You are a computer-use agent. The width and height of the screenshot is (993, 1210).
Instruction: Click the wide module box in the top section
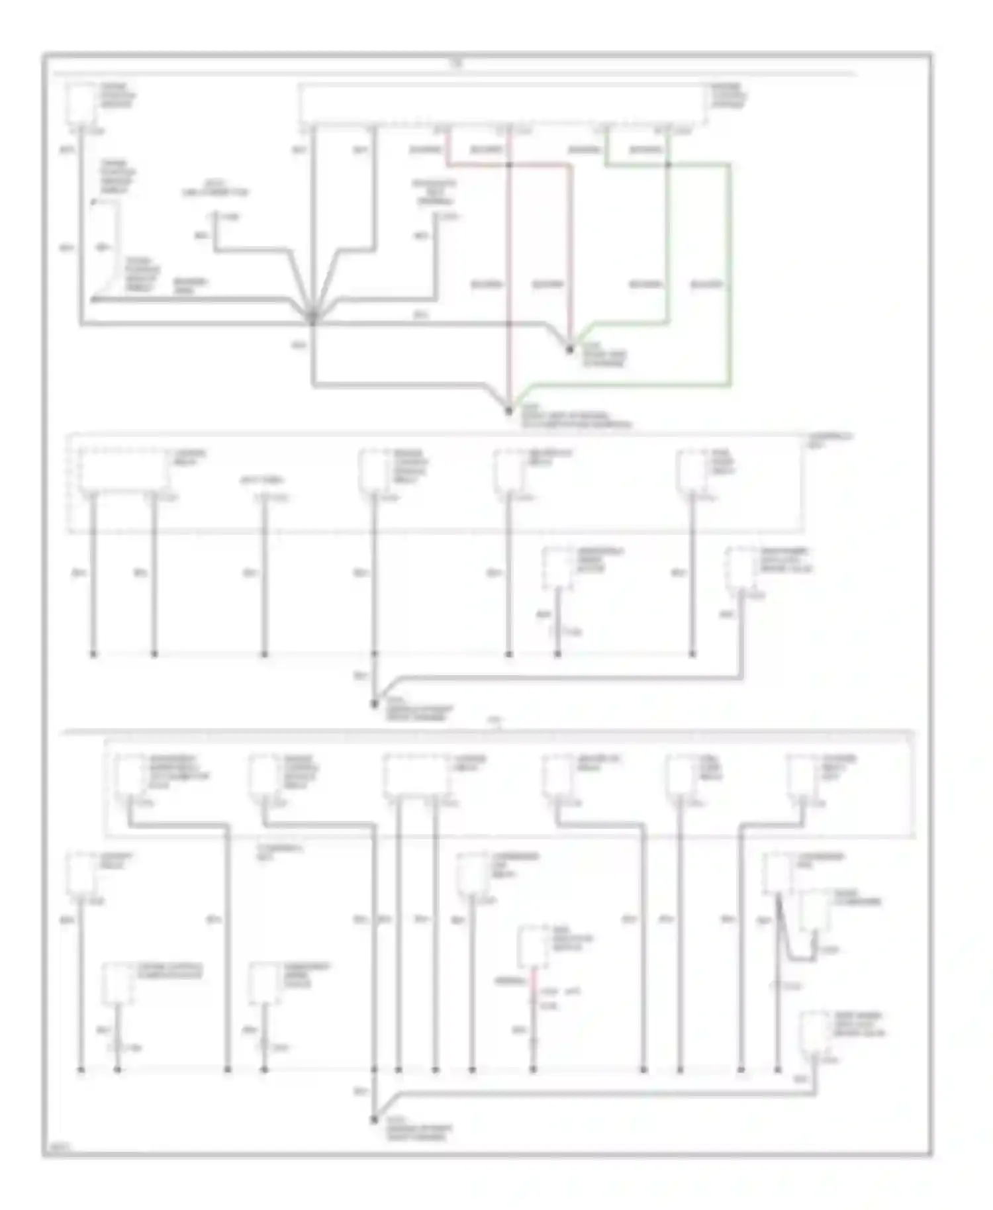pyautogui.click(x=501, y=104)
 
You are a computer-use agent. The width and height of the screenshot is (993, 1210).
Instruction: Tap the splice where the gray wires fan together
pyautogui.click(x=312, y=320)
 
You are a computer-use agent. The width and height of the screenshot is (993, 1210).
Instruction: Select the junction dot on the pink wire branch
pyautogui.click(x=508, y=164)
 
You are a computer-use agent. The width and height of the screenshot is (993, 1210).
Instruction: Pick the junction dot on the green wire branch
pyautogui.click(x=668, y=164)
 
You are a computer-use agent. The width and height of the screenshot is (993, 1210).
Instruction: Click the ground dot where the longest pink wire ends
pyautogui.click(x=508, y=411)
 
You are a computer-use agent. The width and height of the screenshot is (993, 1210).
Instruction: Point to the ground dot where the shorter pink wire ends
pyautogui.click(x=569, y=349)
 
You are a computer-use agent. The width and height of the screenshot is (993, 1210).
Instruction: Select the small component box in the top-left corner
pyautogui.click(x=81, y=103)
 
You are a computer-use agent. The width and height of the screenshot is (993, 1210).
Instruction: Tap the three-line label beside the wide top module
pyautogui.click(x=729, y=96)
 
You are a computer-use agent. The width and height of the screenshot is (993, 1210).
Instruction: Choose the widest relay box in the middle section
pyautogui.click(x=123, y=471)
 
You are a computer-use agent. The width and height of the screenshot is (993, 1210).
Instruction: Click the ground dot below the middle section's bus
pyautogui.click(x=374, y=704)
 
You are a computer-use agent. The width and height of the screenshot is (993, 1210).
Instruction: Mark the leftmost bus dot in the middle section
pyautogui.click(x=93, y=654)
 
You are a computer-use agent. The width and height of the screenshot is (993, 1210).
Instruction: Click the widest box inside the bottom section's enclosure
pyautogui.click(x=416, y=774)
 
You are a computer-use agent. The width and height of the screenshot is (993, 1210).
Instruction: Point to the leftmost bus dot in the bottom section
pyautogui.click(x=81, y=1069)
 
